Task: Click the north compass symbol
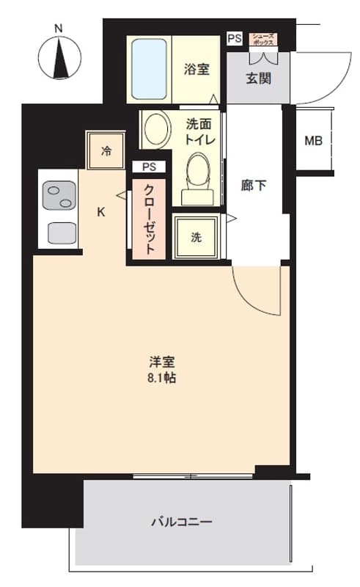pyautogui.click(x=59, y=59)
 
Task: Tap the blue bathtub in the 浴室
pyautogui.click(x=149, y=69)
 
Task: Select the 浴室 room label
pyautogui.click(x=196, y=69)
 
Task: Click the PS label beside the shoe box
pyautogui.click(x=235, y=38)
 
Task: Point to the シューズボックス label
pyautogui.click(x=263, y=39)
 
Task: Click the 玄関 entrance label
pyautogui.click(x=258, y=79)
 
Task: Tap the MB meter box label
pyautogui.click(x=313, y=141)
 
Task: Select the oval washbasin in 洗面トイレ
pyautogui.click(x=158, y=129)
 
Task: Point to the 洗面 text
pyautogui.click(x=199, y=123)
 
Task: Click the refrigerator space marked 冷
pyautogui.click(x=106, y=150)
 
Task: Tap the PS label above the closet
pyautogui.click(x=149, y=167)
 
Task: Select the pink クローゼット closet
pyautogui.click(x=149, y=219)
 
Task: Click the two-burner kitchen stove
pyautogui.click(x=59, y=195)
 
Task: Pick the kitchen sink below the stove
pyautogui.click(x=62, y=233)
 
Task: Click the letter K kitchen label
pyautogui.click(x=101, y=212)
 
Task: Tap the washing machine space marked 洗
pyautogui.click(x=196, y=236)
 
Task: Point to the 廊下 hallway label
pyautogui.click(x=254, y=186)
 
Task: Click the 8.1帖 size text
pyautogui.click(x=161, y=378)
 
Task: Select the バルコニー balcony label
pyautogui.click(x=182, y=522)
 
